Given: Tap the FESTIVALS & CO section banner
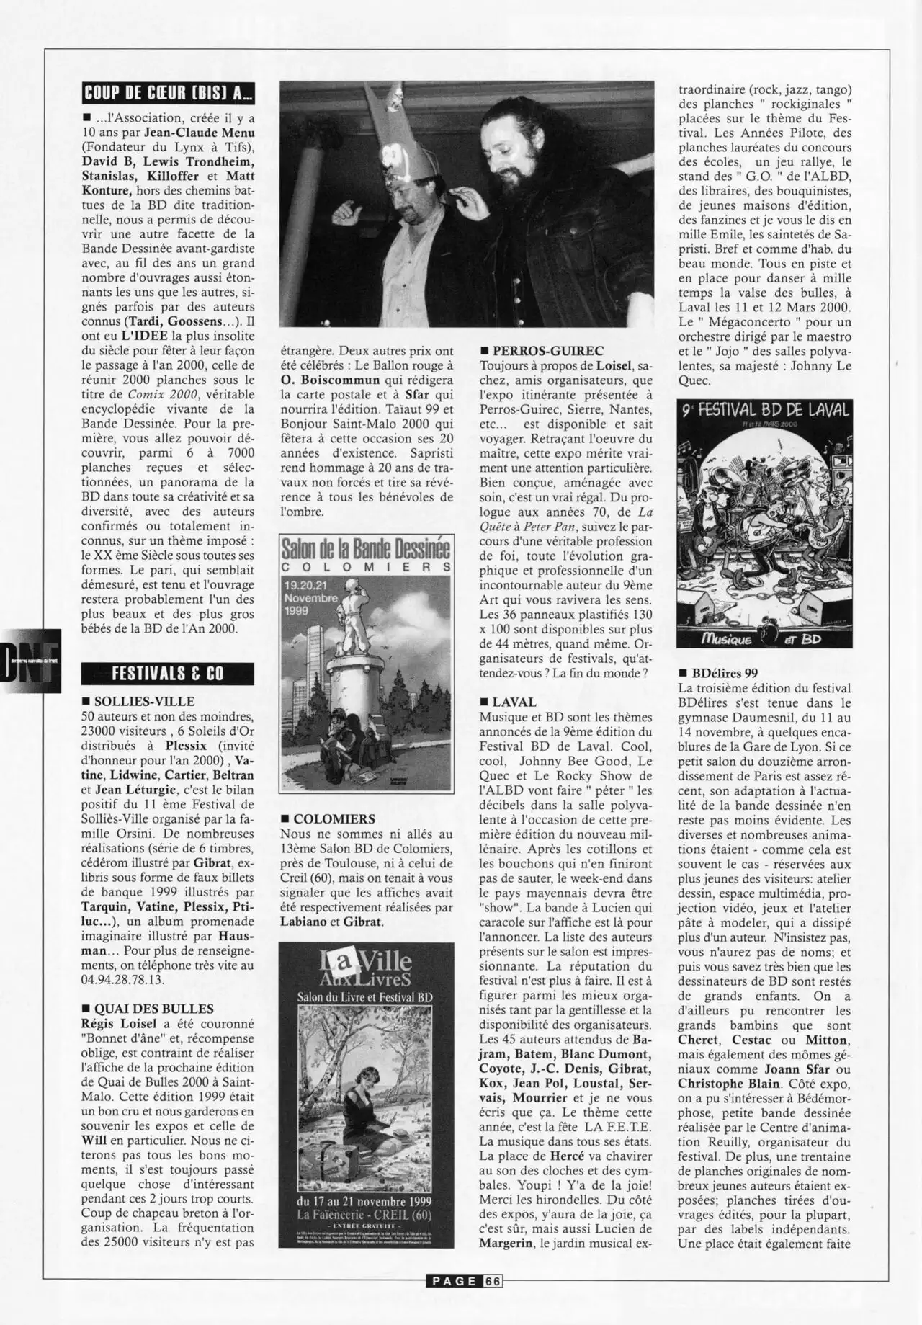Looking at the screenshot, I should pyautogui.click(x=168, y=674).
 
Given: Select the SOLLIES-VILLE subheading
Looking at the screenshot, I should pyautogui.click(x=144, y=701).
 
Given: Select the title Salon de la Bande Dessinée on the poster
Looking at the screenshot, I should pyautogui.click(x=365, y=549).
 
